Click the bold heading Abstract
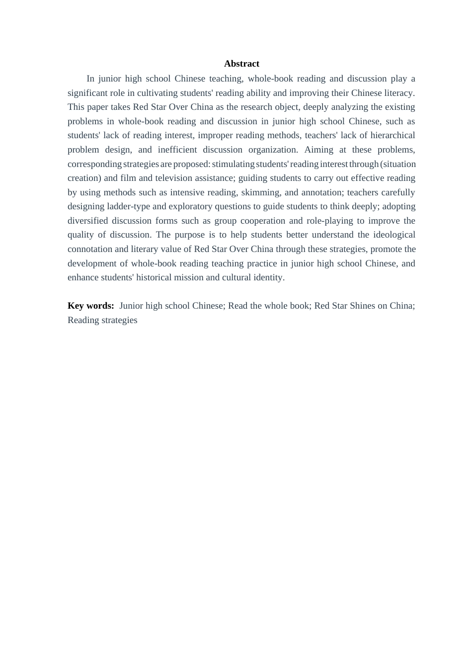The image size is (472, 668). [241, 64]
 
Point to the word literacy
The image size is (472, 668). [399, 93]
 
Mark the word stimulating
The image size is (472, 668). [233, 164]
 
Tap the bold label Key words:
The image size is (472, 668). [91, 306]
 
